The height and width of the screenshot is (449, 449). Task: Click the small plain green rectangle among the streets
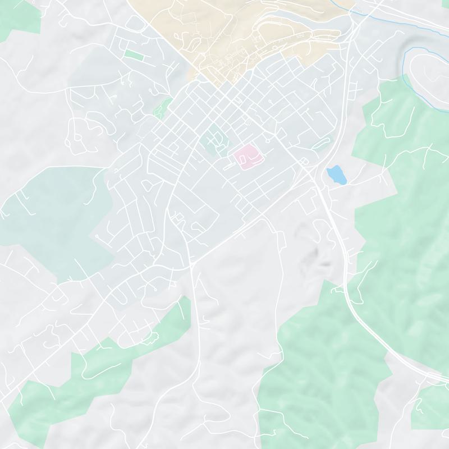[134, 55]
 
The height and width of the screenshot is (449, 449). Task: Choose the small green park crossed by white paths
[162, 107]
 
